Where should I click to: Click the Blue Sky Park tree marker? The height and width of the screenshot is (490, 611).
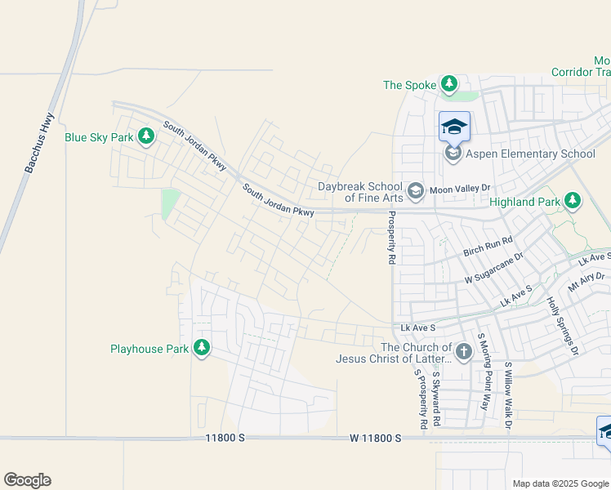pyautogui.click(x=146, y=136)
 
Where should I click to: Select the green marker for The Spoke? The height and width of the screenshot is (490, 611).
pyautogui.click(x=448, y=84)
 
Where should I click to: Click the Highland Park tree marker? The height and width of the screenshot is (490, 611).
pyautogui.click(x=573, y=201)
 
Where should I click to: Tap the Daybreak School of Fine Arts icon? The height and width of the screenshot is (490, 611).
pyautogui.click(x=416, y=191)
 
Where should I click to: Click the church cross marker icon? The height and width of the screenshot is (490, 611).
pyautogui.click(x=463, y=352)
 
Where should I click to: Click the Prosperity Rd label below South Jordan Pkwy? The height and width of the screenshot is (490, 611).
pyautogui.click(x=391, y=238)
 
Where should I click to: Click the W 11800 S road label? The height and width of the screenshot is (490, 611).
pyautogui.click(x=376, y=439)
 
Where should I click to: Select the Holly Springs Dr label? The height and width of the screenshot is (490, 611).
pyautogui.click(x=562, y=327)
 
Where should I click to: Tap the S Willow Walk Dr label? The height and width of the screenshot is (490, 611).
pyautogui.click(x=507, y=395)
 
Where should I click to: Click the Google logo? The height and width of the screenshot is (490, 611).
pyautogui.click(x=27, y=480)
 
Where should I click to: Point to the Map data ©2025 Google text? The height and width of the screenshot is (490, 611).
pyautogui.click(x=560, y=483)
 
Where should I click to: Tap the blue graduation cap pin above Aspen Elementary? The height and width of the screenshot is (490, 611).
pyautogui.click(x=454, y=127)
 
